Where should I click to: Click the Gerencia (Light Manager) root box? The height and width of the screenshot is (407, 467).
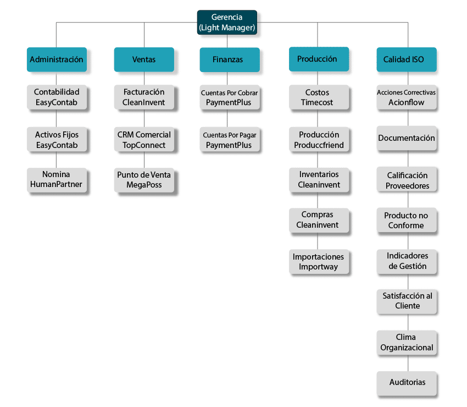[227, 22]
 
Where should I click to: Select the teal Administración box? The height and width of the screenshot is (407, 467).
[57, 59]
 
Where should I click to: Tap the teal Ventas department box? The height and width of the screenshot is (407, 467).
[144, 59]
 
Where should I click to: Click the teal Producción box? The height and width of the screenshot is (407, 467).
[319, 59]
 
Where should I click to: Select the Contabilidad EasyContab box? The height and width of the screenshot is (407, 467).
[57, 97]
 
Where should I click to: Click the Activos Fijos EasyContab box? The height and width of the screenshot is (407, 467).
[57, 140]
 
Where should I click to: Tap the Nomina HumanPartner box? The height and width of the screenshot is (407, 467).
[57, 179]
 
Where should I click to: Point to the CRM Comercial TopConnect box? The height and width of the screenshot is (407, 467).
[144, 140]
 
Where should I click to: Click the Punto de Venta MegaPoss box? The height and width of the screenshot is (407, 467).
[144, 179]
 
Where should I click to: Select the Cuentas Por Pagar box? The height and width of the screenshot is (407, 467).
[229, 140]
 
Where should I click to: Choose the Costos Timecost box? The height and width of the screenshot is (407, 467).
[319, 97]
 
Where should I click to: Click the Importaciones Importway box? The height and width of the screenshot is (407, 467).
[319, 261]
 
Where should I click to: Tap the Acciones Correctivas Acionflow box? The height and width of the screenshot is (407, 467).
[407, 97]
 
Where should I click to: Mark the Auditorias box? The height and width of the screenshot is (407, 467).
[407, 382]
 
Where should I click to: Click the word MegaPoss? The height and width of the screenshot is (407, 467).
[144, 185]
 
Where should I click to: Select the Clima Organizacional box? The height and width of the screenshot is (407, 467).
[407, 342]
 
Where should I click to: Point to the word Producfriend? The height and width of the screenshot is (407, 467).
[319, 145]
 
